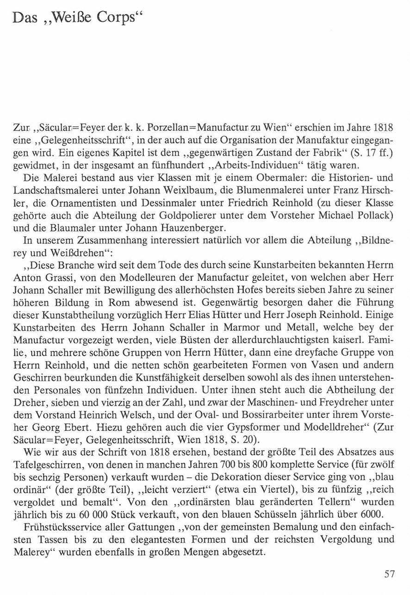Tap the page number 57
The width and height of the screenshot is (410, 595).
coord(389,574)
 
